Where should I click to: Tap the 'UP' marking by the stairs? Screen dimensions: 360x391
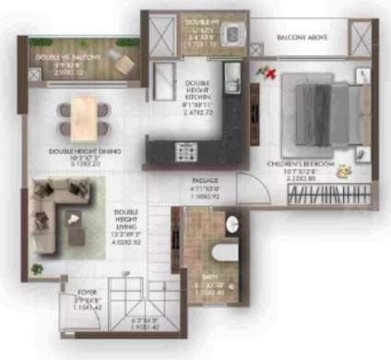[x=126, y=275]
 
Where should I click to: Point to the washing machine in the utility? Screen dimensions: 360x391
[x=231, y=35]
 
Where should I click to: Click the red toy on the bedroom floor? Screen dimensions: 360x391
[x=270, y=71]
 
